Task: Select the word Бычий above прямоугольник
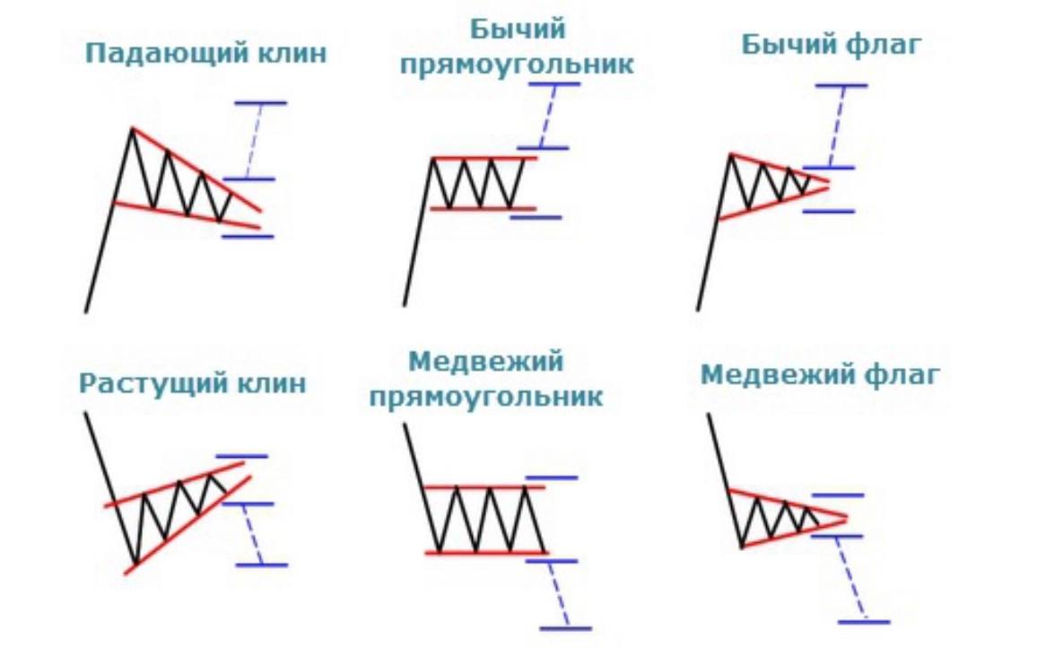pyautogui.click(x=518, y=30)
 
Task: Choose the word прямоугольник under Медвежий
pyautogui.click(x=485, y=397)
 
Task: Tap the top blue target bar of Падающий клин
pyautogui.click(x=260, y=103)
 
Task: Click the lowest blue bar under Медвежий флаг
pyautogui.click(x=863, y=621)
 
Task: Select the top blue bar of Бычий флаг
pyautogui.click(x=841, y=85)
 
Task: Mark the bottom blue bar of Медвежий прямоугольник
pyautogui.click(x=566, y=628)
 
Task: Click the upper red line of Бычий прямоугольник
pyautogui.click(x=484, y=159)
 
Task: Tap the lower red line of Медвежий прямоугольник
pyautogui.click(x=484, y=553)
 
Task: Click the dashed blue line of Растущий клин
pyautogui.click(x=252, y=535)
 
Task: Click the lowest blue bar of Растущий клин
pyautogui.click(x=261, y=565)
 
